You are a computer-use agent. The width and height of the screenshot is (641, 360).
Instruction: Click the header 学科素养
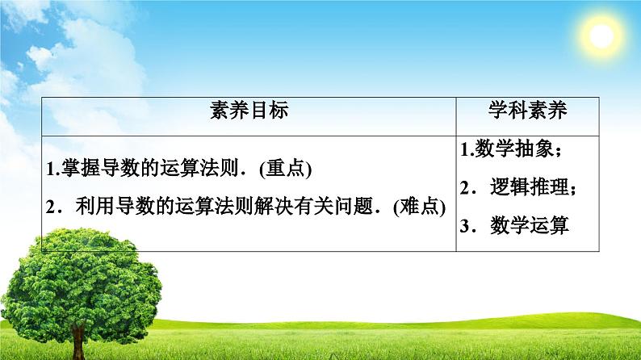528,111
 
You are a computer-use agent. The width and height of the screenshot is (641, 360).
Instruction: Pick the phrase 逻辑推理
530,188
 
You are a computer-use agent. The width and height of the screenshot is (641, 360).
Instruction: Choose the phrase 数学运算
530,226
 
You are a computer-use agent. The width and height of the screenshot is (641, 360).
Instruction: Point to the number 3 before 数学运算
466,227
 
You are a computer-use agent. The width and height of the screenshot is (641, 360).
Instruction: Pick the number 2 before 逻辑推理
466,189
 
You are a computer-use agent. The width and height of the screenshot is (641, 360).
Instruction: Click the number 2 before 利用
50,207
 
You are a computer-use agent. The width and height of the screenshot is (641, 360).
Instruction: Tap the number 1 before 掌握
50,170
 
